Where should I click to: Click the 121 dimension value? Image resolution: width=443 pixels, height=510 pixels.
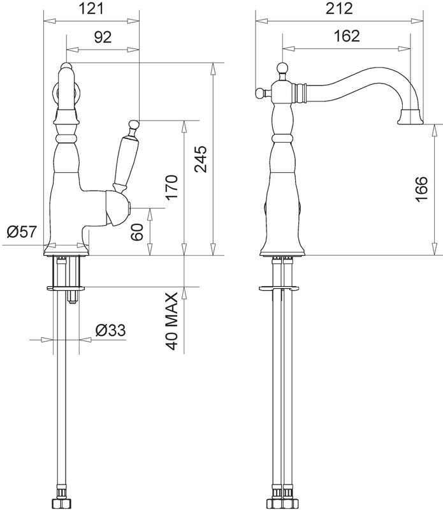[x=92, y=8]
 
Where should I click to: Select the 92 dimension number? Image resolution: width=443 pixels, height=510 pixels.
[x=103, y=37]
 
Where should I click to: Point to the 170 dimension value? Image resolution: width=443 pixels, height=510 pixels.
[x=172, y=187]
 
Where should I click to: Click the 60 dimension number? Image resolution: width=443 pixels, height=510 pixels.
[x=137, y=232]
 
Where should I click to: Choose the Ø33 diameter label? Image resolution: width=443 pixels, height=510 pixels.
[x=110, y=330]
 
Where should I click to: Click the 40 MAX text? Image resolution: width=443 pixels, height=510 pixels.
[x=172, y=321]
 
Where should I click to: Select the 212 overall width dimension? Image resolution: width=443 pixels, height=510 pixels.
[x=339, y=8]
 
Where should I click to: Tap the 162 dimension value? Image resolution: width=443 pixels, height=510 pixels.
[x=347, y=36]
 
